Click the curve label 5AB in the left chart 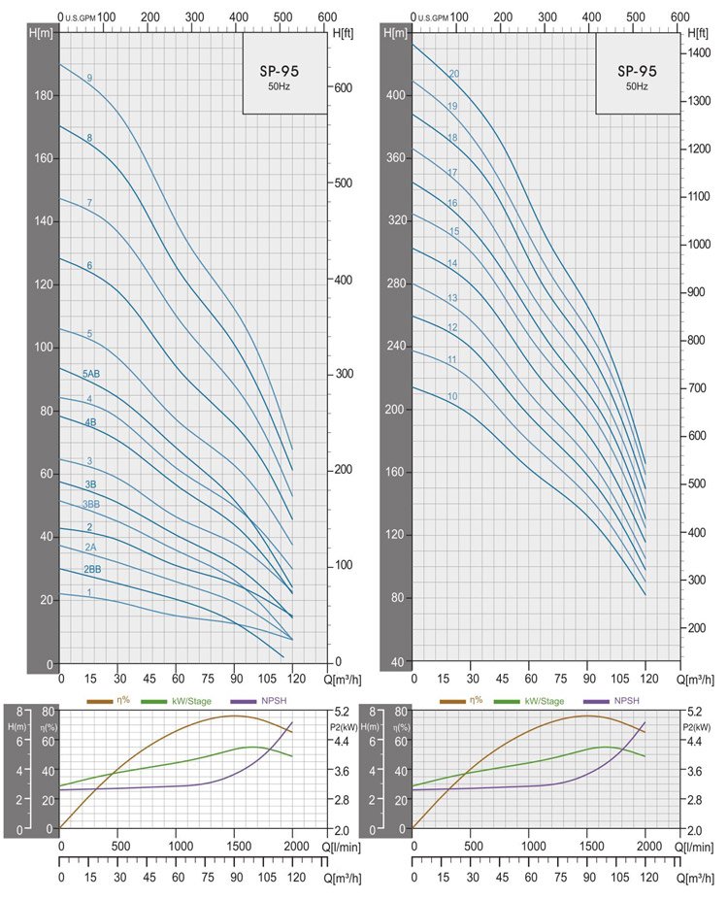click(x=91, y=374)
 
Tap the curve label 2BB click(x=92, y=569)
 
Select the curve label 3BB click(x=91, y=505)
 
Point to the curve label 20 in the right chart click(x=453, y=75)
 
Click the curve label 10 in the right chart click(x=452, y=397)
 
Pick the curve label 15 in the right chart click(x=453, y=231)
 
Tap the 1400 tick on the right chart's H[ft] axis click(x=699, y=52)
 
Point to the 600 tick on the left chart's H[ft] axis click(x=342, y=87)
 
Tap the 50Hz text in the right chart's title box click(x=637, y=86)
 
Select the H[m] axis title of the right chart click(x=396, y=33)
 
